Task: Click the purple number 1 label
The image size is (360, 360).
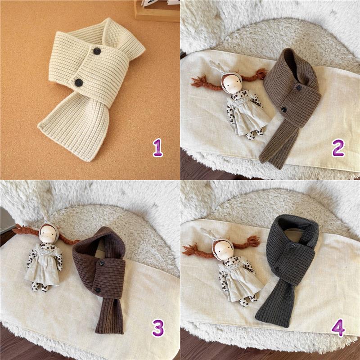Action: (158, 148)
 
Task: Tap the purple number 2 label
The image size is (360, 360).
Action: (338, 148)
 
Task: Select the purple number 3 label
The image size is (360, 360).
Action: (158, 328)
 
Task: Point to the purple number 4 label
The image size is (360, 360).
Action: (338, 328)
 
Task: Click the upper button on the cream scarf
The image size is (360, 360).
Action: (97, 51)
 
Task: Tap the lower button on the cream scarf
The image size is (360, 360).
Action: (79, 83)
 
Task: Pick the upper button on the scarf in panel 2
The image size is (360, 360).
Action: (299, 87)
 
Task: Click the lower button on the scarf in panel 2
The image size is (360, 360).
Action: (284, 109)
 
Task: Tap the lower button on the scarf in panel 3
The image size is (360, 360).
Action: (98, 290)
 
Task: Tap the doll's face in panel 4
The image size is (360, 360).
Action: (224, 250)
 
